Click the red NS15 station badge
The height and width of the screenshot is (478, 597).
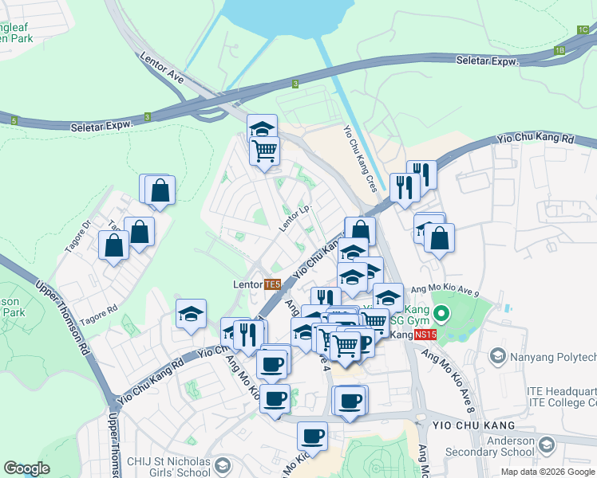click(x=425, y=335)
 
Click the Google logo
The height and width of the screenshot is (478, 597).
click(x=27, y=468)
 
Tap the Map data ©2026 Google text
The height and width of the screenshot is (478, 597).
click(x=547, y=472)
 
